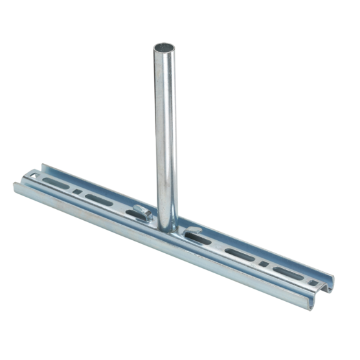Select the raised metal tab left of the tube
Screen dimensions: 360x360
pyautogui.click(x=143, y=212)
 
